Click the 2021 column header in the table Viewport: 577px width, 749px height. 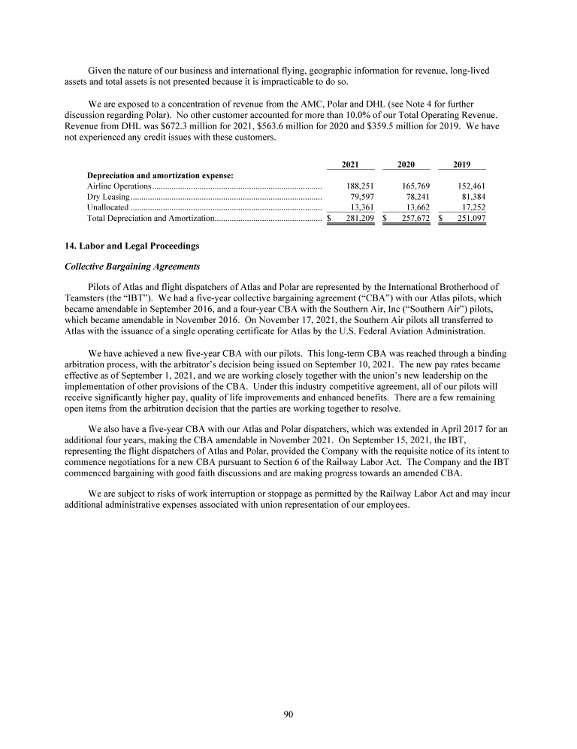(349, 164)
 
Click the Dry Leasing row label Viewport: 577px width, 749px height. (104, 196)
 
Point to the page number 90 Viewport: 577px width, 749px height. (288, 714)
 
